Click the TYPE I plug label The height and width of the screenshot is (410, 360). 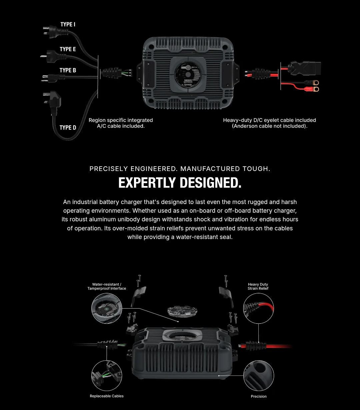(68, 24)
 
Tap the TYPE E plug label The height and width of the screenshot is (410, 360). (68, 49)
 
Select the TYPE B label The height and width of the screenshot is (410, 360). (68, 70)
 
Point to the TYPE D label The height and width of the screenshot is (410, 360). (68, 128)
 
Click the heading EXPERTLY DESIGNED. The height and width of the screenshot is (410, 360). (180, 183)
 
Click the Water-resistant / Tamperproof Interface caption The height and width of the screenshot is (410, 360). (107, 286)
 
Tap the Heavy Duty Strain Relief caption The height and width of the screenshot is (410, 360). (258, 286)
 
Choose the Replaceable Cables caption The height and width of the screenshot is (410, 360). (107, 396)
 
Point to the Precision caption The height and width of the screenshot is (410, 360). (259, 396)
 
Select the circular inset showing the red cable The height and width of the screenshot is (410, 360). (259, 309)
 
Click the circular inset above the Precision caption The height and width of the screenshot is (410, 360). (259, 375)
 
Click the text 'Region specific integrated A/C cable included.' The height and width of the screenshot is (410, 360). (121, 123)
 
